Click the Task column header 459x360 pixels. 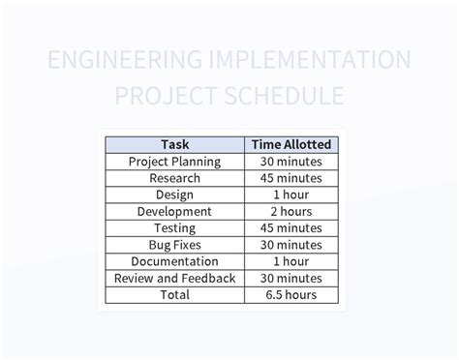174,144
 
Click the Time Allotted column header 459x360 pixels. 291,144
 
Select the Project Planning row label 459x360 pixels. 174,162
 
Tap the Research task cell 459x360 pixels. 174,178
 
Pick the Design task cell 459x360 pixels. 174,195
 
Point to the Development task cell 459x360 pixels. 174,211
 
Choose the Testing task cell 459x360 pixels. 174,228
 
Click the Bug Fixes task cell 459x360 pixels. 174,245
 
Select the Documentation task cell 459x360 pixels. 174,261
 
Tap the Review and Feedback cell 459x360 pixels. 174,278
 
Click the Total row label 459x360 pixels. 174,294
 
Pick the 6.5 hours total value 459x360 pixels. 291,294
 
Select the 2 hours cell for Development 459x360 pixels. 291,211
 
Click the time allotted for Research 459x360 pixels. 291,178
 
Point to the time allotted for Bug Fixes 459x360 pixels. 291,245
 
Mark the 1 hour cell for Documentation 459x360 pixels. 291,261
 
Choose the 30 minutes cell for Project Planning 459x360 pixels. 291,162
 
